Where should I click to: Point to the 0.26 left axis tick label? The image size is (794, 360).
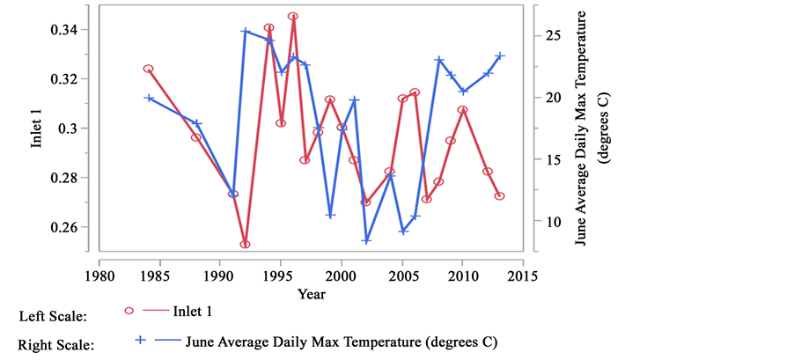[68, 227]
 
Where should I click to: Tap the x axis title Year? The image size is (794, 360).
[310, 293]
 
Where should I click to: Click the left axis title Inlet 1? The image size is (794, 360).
[38, 129]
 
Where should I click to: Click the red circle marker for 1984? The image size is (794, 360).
[148, 69]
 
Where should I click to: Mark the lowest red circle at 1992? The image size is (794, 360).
[245, 244]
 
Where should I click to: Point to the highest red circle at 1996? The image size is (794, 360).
[292, 17]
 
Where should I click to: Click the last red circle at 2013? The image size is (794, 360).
[499, 196]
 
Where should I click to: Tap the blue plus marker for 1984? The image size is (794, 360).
[149, 98]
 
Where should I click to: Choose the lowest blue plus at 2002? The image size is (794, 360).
[366, 239]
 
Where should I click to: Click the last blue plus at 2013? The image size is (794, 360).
[499, 55]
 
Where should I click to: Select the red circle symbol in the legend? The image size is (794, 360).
[129, 311]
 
